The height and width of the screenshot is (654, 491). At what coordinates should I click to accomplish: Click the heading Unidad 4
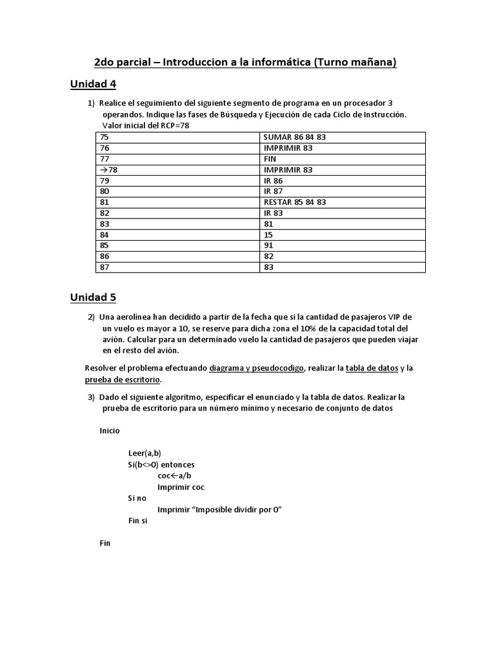93,84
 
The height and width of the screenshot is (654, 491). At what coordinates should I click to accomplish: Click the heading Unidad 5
93,298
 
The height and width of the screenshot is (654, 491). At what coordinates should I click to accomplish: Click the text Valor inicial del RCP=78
146,126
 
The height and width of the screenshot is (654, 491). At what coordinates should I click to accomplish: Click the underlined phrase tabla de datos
371,368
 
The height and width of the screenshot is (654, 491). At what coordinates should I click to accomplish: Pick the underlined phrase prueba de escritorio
122,379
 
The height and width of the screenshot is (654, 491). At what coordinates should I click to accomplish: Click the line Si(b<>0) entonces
161,464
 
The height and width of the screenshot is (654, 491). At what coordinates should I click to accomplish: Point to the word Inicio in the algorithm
109,430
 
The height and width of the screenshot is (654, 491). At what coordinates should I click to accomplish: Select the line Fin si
138,521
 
